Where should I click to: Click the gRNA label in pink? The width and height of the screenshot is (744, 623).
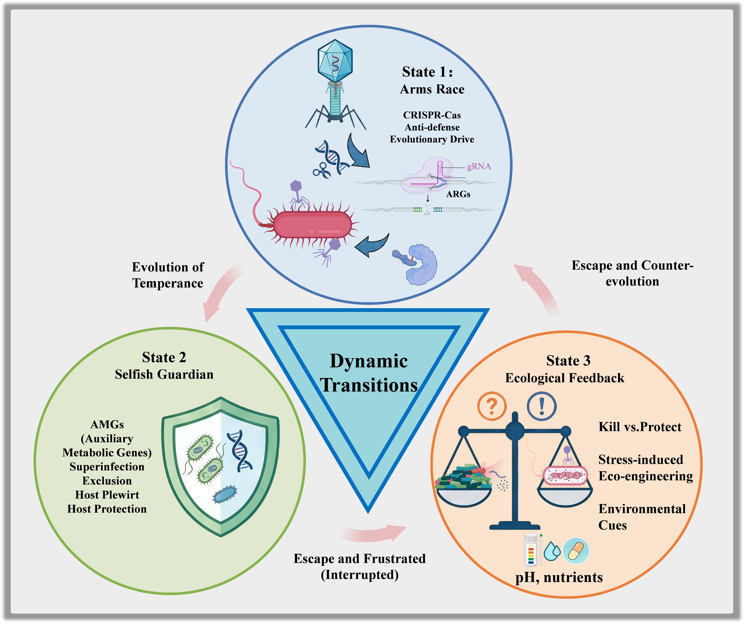coord(479,166)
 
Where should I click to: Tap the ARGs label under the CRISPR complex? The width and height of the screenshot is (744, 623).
coord(458,194)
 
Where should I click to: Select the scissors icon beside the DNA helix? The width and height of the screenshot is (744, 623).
coord(321,170)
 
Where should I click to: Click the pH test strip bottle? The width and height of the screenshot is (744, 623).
coord(530,549)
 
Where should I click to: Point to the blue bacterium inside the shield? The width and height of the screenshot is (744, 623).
coord(224,494)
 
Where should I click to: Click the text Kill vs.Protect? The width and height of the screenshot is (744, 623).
coord(639,427)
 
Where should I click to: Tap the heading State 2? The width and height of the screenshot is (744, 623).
coord(164,357)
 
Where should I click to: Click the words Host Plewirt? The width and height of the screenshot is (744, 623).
coord(107,495)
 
